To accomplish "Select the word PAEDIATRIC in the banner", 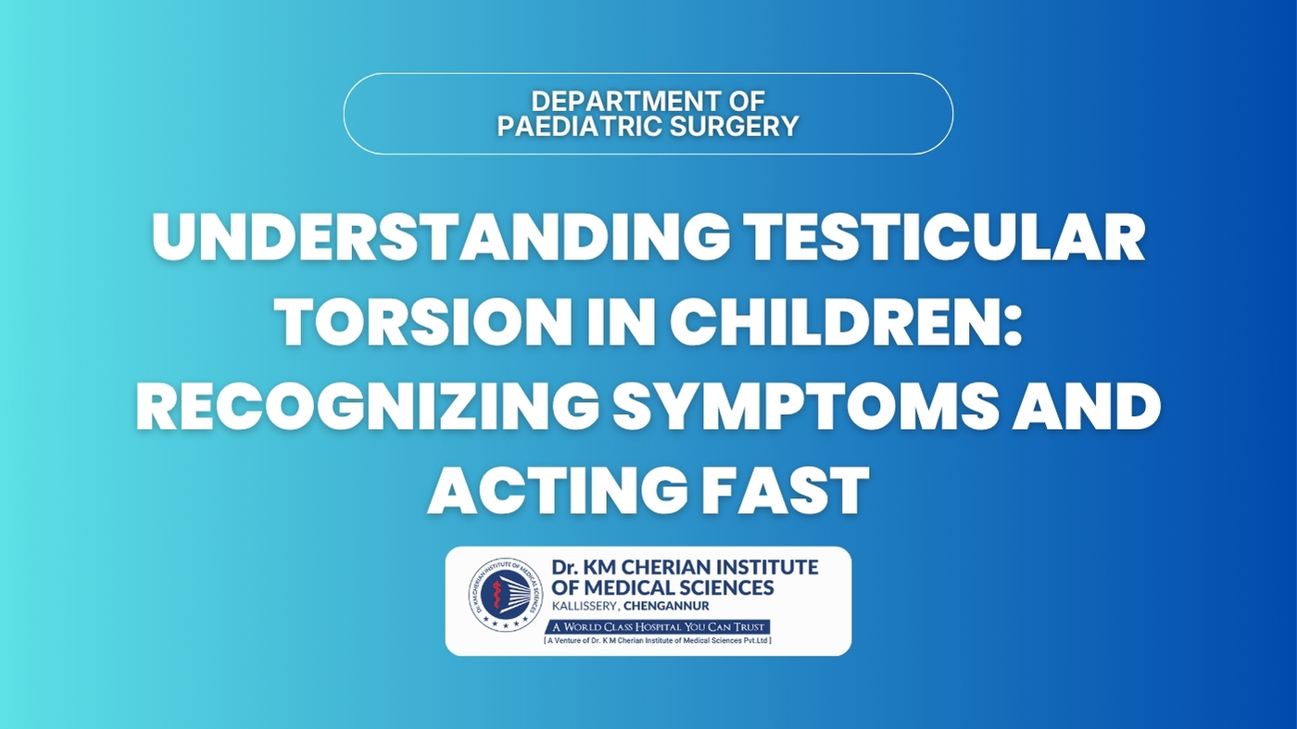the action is click(x=580, y=126).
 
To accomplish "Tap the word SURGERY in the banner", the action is click(x=734, y=126).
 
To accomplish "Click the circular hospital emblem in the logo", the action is click(x=506, y=594).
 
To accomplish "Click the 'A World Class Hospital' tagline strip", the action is click(x=658, y=627).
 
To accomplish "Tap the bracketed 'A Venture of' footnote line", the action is click(x=658, y=640).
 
